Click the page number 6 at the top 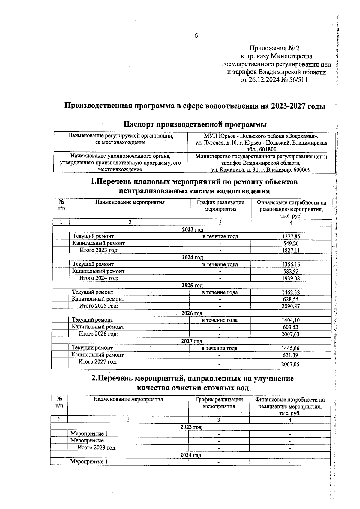[x=196, y=36]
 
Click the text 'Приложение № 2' [x=274, y=48]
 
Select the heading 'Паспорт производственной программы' [x=195, y=124]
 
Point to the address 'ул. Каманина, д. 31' [x=234, y=170]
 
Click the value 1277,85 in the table [x=291, y=237]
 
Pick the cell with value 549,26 [x=291, y=244]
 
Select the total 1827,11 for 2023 [x=291, y=250]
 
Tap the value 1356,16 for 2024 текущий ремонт [x=291, y=265]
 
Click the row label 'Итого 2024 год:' [x=99, y=278]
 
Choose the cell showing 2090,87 [x=291, y=306]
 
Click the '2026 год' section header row [x=192, y=313]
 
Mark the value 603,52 [x=290, y=327]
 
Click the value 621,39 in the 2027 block [x=290, y=355]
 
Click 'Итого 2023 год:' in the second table [x=97, y=448]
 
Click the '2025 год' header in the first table [x=192, y=285]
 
